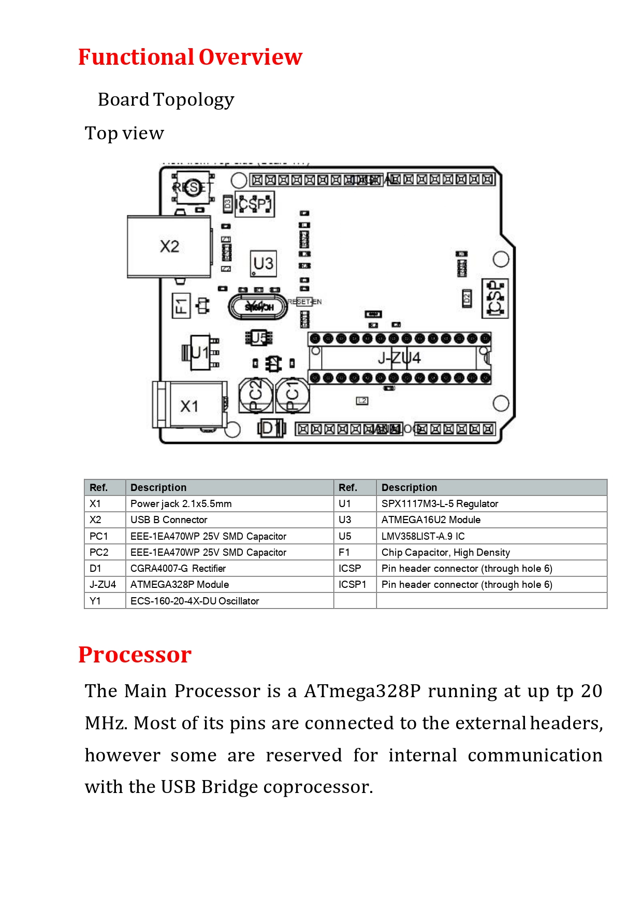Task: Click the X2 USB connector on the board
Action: (x=169, y=247)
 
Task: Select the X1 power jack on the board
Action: (x=189, y=406)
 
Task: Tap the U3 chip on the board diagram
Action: (x=263, y=263)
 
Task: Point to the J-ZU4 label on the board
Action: (x=399, y=358)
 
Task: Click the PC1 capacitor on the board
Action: (x=293, y=395)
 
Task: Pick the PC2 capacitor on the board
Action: (x=256, y=395)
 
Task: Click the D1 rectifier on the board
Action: (x=271, y=428)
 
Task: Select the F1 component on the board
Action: (x=181, y=306)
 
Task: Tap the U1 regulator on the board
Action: (x=200, y=353)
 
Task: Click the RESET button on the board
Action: (x=193, y=187)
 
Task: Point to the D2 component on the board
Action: (x=466, y=298)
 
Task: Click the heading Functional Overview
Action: (x=190, y=57)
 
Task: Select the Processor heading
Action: (x=135, y=655)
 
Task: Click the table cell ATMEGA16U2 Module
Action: (x=431, y=520)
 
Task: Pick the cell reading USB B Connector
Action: (x=169, y=520)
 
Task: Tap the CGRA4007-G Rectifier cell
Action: (x=178, y=568)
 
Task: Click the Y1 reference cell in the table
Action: (x=95, y=601)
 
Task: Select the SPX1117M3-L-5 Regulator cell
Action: (x=440, y=503)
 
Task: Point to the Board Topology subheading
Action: (x=166, y=99)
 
